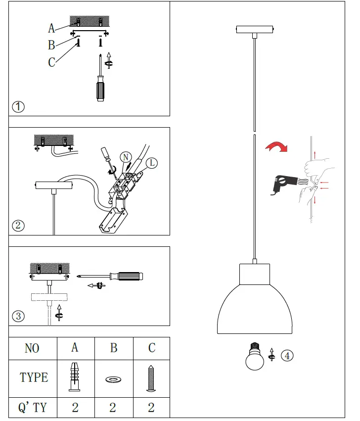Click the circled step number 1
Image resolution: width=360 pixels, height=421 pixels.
tap(18, 106)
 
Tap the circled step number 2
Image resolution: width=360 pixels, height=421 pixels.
tap(18, 226)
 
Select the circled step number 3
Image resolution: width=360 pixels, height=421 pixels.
tap(18, 316)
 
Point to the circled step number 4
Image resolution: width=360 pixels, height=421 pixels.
tap(287, 355)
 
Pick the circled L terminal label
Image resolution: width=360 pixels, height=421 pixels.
tap(151, 163)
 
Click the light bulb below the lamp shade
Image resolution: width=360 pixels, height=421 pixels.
tap(255, 358)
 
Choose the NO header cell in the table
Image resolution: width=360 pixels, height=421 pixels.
tap(32, 348)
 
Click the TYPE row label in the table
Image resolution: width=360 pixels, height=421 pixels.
tap(34, 377)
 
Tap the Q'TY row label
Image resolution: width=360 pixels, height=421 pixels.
tap(33, 408)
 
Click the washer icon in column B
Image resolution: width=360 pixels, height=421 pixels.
tap(113, 380)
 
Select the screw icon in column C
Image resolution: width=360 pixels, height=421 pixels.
tap(151, 379)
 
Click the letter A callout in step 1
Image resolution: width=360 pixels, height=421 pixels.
tap(51, 28)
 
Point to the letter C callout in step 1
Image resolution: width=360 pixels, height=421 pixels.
tap(51, 62)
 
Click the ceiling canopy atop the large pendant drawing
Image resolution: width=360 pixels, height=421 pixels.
tap(254, 30)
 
